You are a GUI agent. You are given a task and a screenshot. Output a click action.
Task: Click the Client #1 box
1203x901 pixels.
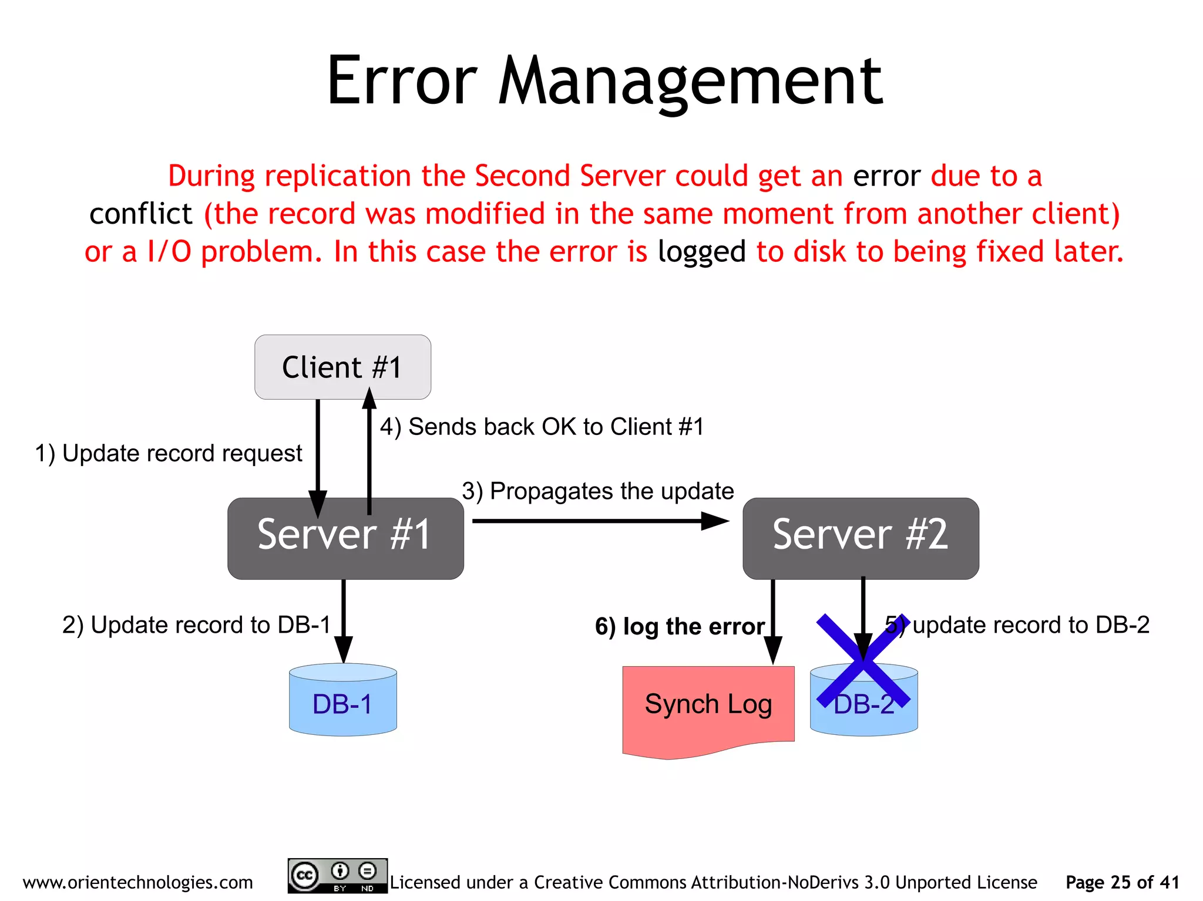click(x=342, y=367)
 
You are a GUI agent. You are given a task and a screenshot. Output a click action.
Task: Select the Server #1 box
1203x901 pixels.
click(x=345, y=538)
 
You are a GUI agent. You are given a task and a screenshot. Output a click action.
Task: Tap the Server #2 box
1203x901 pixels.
click(x=860, y=538)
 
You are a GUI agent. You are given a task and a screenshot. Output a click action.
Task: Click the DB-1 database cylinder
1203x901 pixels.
click(x=342, y=700)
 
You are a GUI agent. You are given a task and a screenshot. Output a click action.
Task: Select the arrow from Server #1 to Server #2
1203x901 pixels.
click(x=599, y=521)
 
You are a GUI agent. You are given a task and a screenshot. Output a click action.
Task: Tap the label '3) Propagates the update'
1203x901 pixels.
click(x=597, y=491)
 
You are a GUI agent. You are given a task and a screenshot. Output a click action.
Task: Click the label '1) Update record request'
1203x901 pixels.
click(x=169, y=453)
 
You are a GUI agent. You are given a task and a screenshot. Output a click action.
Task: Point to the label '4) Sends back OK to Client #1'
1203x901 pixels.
click(x=542, y=427)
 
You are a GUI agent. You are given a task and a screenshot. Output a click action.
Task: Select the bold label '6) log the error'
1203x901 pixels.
click(x=679, y=626)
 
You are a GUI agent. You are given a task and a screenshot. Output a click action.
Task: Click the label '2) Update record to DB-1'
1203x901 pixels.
click(x=196, y=625)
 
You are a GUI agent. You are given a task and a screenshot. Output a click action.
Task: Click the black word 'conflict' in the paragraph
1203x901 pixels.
click(x=140, y=214)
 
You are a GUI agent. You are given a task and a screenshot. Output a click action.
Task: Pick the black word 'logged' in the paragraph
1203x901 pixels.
click(x=701, y=252)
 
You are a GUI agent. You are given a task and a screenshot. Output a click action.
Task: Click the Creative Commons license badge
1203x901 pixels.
click(x=337, y=876)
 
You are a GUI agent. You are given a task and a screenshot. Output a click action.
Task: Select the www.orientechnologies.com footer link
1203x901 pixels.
click(x=137, y=882)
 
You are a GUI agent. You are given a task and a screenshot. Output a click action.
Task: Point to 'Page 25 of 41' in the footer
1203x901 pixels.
click(x=1122, y=882)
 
